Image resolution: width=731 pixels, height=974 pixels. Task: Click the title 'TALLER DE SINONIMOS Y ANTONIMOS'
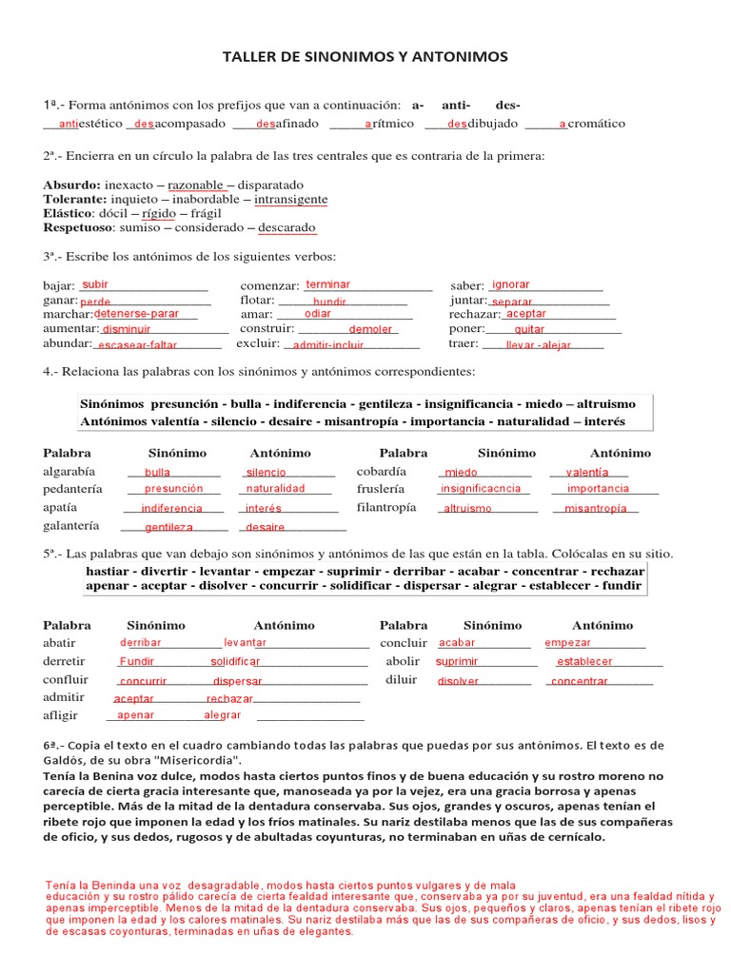coord(365,57)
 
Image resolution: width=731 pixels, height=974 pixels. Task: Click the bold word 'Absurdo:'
coord(72,185)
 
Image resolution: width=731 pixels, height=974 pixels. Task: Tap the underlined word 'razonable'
coord(195,185)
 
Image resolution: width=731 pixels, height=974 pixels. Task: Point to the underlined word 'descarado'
coord(286,228)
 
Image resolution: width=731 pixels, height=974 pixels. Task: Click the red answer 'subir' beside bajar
coord(96,284)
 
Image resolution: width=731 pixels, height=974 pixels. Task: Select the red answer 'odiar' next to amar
coord(318,313)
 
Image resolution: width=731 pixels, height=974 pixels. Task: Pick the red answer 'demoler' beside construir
coord(370,329)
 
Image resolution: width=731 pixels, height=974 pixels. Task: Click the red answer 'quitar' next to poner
coord(529,330)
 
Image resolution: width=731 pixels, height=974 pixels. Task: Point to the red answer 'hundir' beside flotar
coord(329,301)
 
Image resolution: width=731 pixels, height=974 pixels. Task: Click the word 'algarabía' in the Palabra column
coord(69,471)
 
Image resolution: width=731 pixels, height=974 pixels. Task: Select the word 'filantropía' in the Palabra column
coord(386,507)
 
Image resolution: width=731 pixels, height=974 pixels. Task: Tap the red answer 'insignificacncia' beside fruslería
coord(481,489)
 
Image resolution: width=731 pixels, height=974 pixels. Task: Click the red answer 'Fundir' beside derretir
coord(137,661)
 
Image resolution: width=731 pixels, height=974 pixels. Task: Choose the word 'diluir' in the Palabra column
coord(402,679)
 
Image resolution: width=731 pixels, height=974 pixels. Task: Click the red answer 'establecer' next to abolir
coord(585,661)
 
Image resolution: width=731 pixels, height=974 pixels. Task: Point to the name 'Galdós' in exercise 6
coord(66,761)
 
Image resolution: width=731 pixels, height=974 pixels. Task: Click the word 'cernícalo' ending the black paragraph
coord(571,837)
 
